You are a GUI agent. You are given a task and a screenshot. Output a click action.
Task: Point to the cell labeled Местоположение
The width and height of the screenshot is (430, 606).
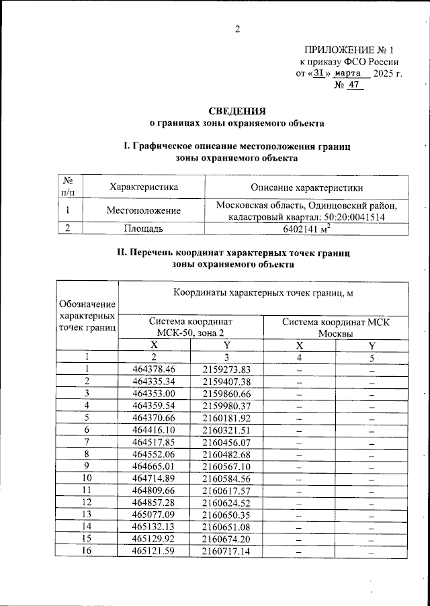[144, 210]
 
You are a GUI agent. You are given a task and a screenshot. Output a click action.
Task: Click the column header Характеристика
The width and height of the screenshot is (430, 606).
[144, 187]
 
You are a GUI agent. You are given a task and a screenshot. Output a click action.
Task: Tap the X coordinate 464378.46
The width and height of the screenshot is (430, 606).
[154, 369]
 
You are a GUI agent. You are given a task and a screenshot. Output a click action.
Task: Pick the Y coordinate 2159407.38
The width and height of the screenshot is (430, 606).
[226, 381]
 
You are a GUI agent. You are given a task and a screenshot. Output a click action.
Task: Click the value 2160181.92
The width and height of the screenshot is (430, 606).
[226, 417]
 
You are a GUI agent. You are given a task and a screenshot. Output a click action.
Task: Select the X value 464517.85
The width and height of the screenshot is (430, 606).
[154, 441]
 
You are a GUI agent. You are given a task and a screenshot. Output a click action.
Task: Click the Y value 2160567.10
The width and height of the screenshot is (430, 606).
[226, 466]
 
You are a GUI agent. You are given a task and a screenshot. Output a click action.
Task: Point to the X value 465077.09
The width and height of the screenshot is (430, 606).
[154, 514]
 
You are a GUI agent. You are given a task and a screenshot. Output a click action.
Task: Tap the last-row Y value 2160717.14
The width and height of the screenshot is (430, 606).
[226, 551]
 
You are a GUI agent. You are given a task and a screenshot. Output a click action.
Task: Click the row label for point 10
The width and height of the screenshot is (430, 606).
[87, 478]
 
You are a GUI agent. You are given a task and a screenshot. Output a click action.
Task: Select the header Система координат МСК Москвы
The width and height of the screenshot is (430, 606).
[335, 327]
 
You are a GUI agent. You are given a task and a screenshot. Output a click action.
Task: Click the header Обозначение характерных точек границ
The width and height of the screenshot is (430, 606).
[87, 316]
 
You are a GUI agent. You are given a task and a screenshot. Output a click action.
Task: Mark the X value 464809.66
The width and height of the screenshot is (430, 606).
[154, 490]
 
